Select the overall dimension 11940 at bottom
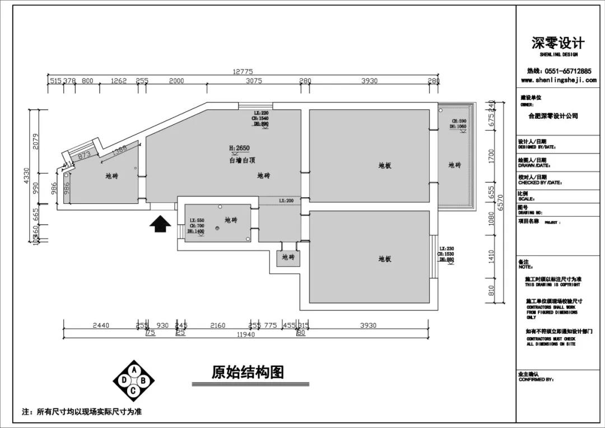tap(245, 334)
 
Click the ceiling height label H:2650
tap(239, 148)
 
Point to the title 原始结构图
tap(248, 373)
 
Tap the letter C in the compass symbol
tap(133, 391)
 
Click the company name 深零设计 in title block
tap(558, 43)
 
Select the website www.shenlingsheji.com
tap(559, 80)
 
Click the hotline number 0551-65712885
tap(567, 71)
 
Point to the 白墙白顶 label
tap(243, 160)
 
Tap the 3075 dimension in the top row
tap(254, 81)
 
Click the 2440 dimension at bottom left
tap(101, 325)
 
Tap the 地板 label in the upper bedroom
tap(384, 165)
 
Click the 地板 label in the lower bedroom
tap(384, 259)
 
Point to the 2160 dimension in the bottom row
tap(217, 325)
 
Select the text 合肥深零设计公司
tap(553, 116)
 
